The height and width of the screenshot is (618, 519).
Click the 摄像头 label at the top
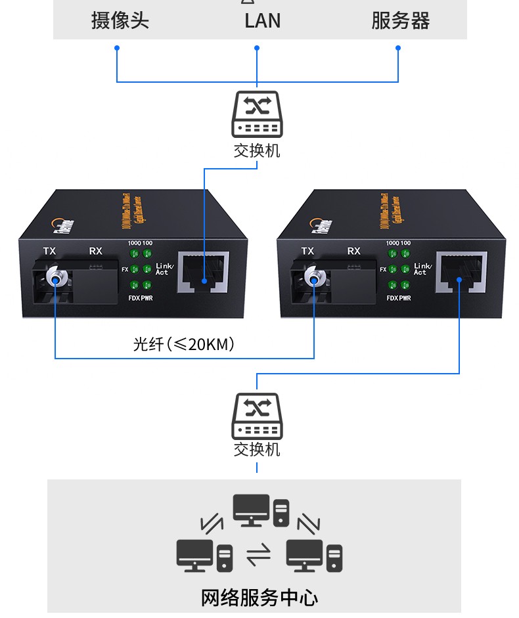[120, 20]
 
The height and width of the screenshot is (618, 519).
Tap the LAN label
[262, 20]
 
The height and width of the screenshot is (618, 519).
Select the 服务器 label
[400, 20]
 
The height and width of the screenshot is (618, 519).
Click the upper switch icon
[257, 114]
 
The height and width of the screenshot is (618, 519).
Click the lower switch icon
[257, 416]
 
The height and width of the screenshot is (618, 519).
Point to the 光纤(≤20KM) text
[184, 343]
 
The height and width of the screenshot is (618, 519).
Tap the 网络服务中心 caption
[259, 598]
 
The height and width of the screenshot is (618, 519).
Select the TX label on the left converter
[49, 251]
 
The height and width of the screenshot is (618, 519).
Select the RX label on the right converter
[354, 251]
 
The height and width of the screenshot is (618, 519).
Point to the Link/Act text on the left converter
[164, 269]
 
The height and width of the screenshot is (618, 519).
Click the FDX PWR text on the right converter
[399, 298]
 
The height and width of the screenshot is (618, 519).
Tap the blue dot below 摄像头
[117, 48]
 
